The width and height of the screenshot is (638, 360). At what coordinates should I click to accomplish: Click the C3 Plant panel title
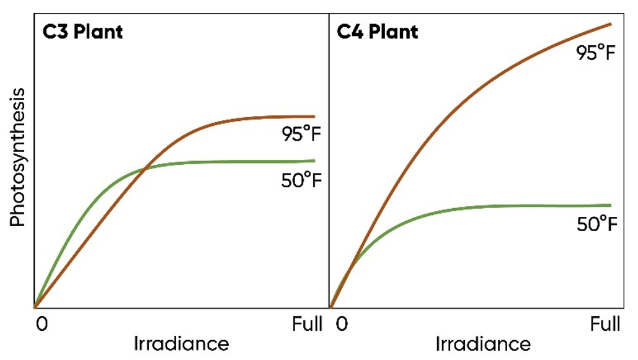tap(82, 32)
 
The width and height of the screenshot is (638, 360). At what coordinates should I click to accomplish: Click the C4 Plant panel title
tap(378, 32)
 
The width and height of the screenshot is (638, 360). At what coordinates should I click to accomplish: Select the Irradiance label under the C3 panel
tap(181, 344)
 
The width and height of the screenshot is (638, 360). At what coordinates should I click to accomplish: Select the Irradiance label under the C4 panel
tap(483, 344)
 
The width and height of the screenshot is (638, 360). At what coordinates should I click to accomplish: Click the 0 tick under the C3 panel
tap(41, 324)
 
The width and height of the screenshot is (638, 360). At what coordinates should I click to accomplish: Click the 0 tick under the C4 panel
tap(342, 324)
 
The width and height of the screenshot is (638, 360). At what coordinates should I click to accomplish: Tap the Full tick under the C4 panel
tap(604, 324)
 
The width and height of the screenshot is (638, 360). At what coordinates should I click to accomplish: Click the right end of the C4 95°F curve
tap(611, 24)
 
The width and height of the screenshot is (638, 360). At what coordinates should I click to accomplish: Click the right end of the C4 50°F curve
tap(610, 204)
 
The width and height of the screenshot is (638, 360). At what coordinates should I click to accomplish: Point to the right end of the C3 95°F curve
tap(314, 116)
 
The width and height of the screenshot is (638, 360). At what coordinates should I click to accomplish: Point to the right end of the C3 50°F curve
tap(314, 160)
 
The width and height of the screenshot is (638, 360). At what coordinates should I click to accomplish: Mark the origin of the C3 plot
tap(35, 307)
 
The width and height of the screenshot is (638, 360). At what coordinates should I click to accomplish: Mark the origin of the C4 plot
tap(331, 307)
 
